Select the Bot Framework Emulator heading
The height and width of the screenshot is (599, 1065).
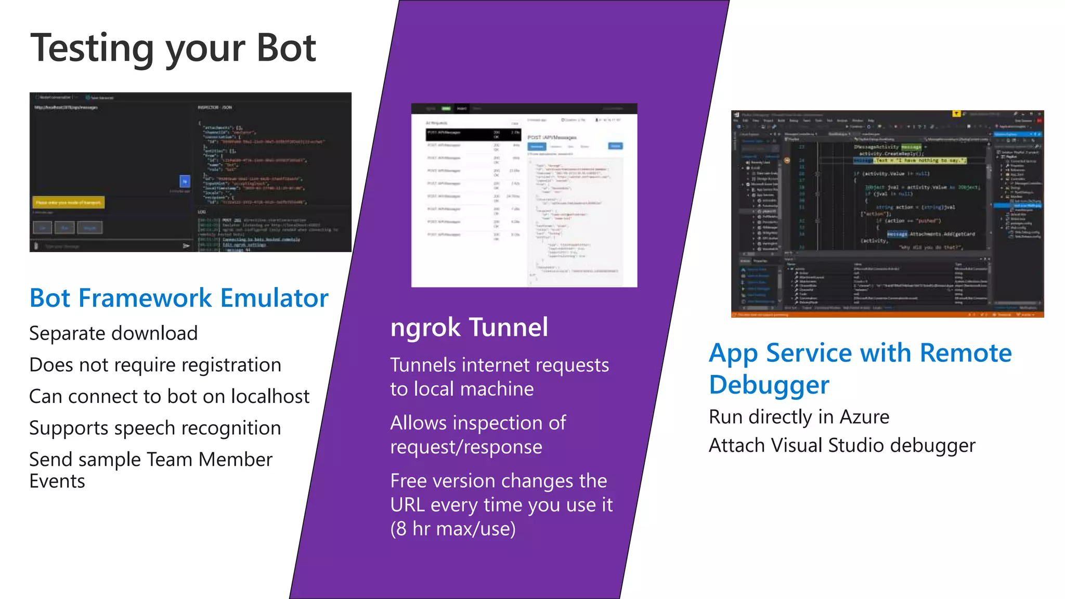(x=179, y=298)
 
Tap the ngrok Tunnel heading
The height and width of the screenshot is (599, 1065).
(x=469, y=328)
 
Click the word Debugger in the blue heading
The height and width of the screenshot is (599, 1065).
(x=769, y=385)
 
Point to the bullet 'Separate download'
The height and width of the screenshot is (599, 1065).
(x=113, y=333)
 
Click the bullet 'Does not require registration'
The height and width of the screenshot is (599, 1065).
(x=155, y=365)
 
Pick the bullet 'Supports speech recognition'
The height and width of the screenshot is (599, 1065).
(x=155, y=428)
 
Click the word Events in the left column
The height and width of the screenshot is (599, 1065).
(x=57, y=481)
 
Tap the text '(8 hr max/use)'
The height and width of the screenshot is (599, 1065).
(x=453, y=529)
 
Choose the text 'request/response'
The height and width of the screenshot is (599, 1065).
(x=466, y=447)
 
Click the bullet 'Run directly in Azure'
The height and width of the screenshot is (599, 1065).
(x=799, y=417)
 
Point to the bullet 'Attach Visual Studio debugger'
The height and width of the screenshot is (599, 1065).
(x=842, y=446)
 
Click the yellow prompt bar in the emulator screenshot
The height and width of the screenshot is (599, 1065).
(x=69, y=202)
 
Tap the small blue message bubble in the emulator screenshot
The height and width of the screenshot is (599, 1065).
(x=185, y=181)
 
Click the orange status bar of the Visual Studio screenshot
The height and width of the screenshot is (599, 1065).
(x=887, y=315)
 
